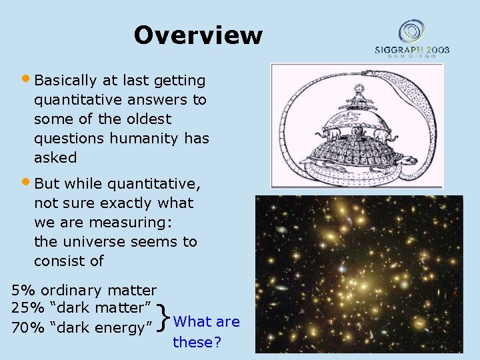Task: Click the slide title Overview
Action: (x=198, y=35)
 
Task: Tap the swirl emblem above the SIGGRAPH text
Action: (x=411, y=31)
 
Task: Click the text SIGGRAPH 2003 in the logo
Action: (x=411, y=49)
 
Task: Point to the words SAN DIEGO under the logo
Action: (x=411, y=57)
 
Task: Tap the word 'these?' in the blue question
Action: (x=197, y=342)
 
